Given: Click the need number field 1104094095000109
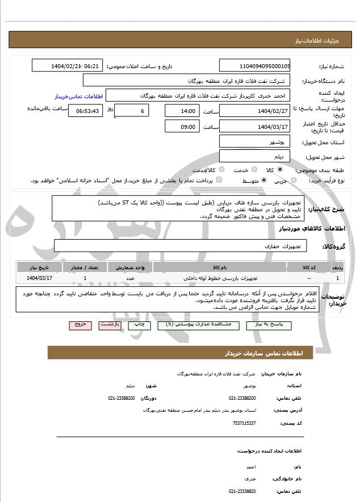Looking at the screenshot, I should (x=254, y=66).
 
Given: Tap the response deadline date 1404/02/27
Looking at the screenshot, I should (x=254, y=111).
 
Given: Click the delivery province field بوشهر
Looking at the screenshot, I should (x=254, y=141).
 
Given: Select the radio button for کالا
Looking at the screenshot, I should (x=280, y=169).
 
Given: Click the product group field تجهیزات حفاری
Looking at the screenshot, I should (x=181, y=246).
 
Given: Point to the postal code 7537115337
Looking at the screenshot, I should (x=244, y=423).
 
